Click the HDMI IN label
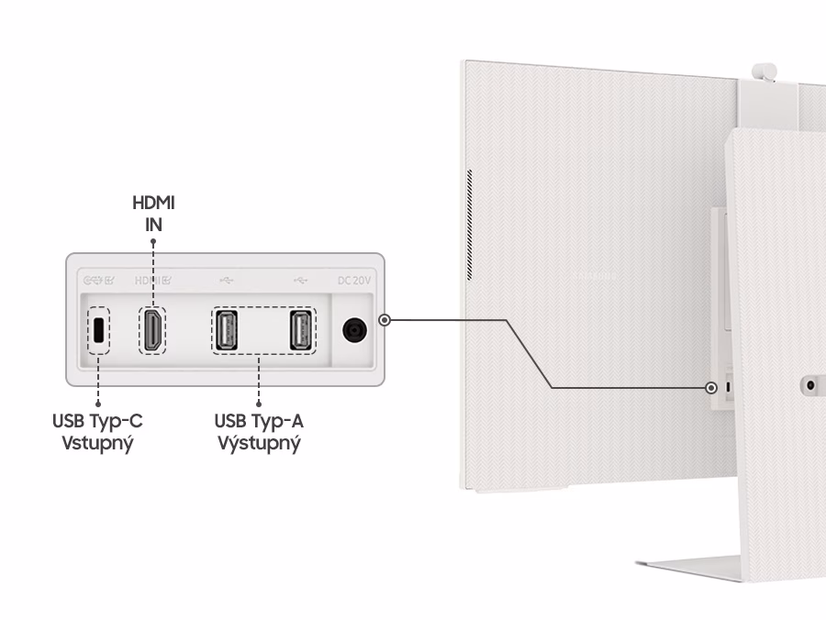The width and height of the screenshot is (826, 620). pos(152,213)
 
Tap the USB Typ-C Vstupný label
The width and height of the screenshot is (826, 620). pos(97,431)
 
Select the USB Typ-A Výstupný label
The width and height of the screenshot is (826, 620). pos(259,431)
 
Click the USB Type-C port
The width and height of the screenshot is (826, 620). pos(97,330)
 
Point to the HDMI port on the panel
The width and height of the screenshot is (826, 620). pos(153,330)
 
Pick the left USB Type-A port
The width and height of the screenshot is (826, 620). pos(226,330)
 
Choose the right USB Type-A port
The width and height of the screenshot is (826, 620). pos(300,330)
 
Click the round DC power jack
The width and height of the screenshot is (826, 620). pos(353,330)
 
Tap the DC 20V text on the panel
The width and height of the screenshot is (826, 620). pos(354,280)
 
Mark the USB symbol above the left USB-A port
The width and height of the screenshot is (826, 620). pos(227,280)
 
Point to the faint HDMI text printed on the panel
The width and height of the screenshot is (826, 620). pos(151,280)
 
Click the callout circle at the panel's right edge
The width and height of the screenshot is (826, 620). pos(385,320)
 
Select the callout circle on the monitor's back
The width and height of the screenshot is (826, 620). pos(711,388)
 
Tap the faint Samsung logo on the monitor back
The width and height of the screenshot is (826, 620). pos(594,273)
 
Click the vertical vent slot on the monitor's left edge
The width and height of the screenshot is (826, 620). pos(468,224)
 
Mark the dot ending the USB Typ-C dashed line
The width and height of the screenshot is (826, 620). pos(97,402)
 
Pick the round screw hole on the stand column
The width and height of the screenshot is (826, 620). pos(810,385)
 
